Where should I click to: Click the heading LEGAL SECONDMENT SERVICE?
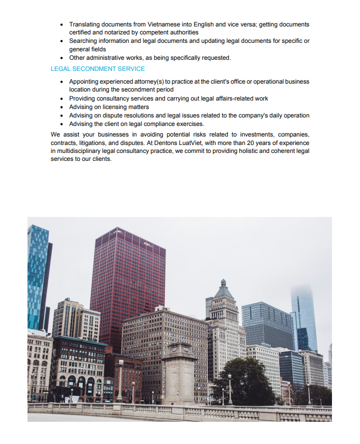pyautogui.click(x=98, y=69)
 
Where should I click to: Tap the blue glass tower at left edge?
pyautogui.click(x=37, y=275)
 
